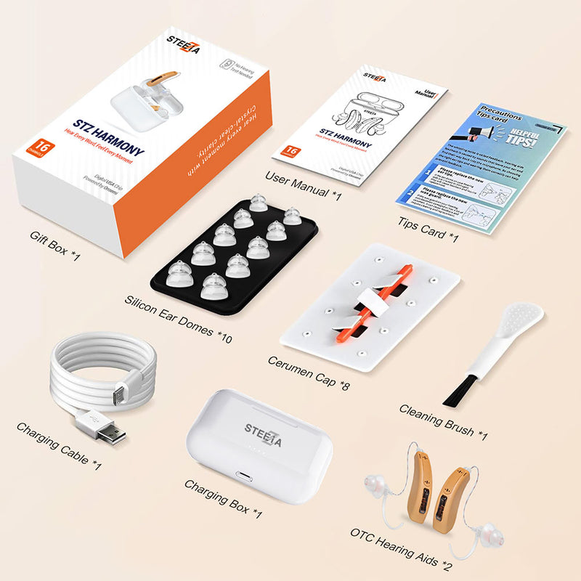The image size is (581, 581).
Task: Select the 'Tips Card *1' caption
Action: tap(428, 230)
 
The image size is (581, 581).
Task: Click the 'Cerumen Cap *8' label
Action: tap(308, 372)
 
